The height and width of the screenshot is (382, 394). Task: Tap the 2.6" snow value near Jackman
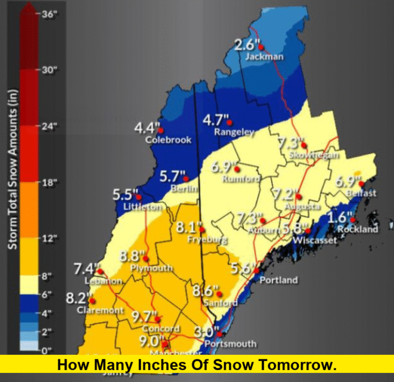click(x=246, y=45)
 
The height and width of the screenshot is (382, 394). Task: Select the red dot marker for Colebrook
click(x=163, y=128)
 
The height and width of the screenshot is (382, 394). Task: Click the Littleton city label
click(x=142, y=207)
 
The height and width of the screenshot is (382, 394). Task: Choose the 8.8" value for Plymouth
click(x=132, y=256)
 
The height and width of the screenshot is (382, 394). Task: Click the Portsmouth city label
click(x=230, y=344)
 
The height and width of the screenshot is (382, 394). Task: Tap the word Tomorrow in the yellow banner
click(x=300, y=366)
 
